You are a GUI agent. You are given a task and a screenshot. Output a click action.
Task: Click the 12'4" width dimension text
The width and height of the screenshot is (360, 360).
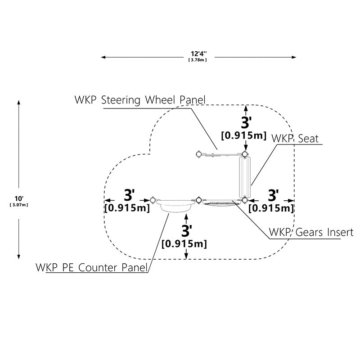click(x=198, y=54)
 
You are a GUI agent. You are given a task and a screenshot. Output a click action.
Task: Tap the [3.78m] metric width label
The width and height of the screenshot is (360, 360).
click(x=198, y=60)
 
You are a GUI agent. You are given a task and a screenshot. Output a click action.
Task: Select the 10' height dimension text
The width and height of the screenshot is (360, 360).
click(x=18, y=198)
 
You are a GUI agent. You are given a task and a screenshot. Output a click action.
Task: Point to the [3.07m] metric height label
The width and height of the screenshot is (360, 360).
click(x=19, y=205)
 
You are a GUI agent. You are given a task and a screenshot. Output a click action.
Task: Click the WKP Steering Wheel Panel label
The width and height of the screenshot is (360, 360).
click(x=140, y=100)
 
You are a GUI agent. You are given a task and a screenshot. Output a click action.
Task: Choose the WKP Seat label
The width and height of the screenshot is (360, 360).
click(x=295, y=139)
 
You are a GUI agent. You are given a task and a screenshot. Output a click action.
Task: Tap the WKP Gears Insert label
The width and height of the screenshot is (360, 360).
click(x=311, y=232)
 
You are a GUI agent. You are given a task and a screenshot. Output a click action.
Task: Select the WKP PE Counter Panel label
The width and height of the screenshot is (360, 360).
click(x=91, y=267)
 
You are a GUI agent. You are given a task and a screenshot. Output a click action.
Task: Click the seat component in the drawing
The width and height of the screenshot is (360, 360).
click(x=245, y=177)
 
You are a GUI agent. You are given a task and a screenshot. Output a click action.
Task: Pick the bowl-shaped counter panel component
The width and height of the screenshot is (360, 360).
click(x=175, y=206)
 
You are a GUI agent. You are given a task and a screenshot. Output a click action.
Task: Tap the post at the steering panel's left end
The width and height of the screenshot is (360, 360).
click(x=198, y=154)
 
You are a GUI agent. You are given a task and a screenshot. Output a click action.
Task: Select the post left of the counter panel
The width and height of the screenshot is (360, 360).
click(x=153, y=200)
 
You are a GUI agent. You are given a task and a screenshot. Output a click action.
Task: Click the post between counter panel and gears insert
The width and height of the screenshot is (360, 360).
click(x=199, y=200)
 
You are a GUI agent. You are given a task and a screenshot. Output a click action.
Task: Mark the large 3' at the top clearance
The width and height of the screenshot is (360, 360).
click(x=246, y=122)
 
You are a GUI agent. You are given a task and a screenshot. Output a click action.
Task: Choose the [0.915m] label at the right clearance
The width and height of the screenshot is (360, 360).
click(x=271, y=208)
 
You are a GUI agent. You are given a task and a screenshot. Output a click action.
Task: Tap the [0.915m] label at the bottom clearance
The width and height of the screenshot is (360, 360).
click(x=184, y=243)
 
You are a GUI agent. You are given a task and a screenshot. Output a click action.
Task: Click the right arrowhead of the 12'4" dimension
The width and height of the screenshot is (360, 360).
click(x=294, y=57)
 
